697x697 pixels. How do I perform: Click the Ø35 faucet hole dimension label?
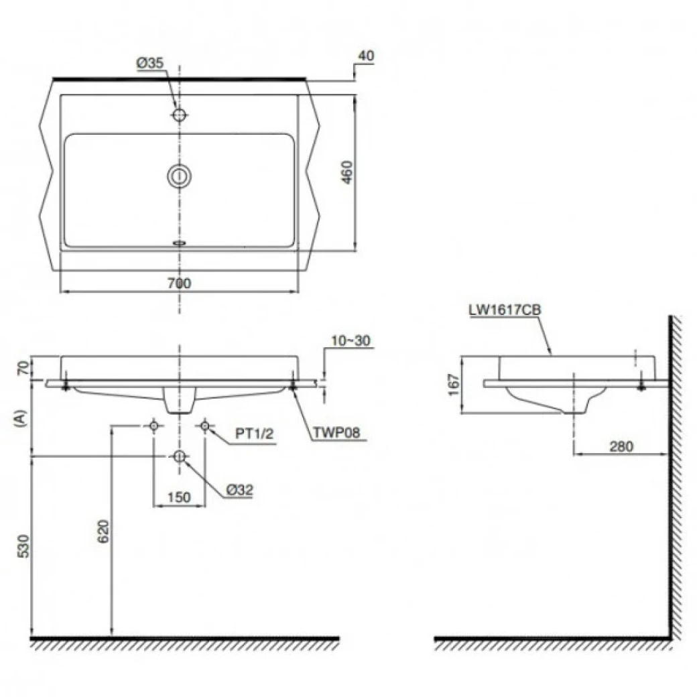coord(149,63)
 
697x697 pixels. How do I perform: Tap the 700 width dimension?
coord(179,283)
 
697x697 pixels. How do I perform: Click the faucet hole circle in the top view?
coord(179,115)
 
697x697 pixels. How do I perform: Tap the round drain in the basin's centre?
coord(179,176)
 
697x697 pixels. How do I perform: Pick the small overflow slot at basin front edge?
coord(179,243)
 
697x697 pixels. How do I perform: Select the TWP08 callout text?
coord(336,433)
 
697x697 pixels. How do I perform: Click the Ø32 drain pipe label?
coord(239,490)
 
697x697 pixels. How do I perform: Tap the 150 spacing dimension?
coord(179,497)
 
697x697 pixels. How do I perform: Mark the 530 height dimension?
coord(23,546)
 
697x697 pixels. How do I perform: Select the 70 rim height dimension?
coord(23,367)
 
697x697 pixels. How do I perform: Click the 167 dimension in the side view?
coord(453,385)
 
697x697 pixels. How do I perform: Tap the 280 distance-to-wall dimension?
coord(622,445)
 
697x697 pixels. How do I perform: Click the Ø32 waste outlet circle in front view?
coord(179,456)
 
